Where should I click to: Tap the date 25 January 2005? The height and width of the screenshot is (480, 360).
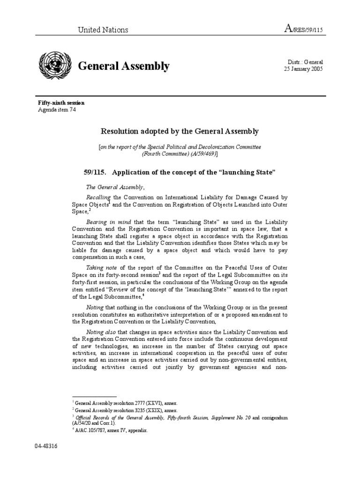(303, 69)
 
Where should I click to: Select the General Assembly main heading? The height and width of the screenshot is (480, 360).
(124, 66)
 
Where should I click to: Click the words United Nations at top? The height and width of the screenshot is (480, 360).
(103, 30)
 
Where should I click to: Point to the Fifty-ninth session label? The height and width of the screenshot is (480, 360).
(61, 103)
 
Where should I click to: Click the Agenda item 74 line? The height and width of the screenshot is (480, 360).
(57, 110)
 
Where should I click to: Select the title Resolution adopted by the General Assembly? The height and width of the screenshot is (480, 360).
(180, 132)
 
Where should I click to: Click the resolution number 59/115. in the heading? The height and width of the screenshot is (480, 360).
(96, 172)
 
